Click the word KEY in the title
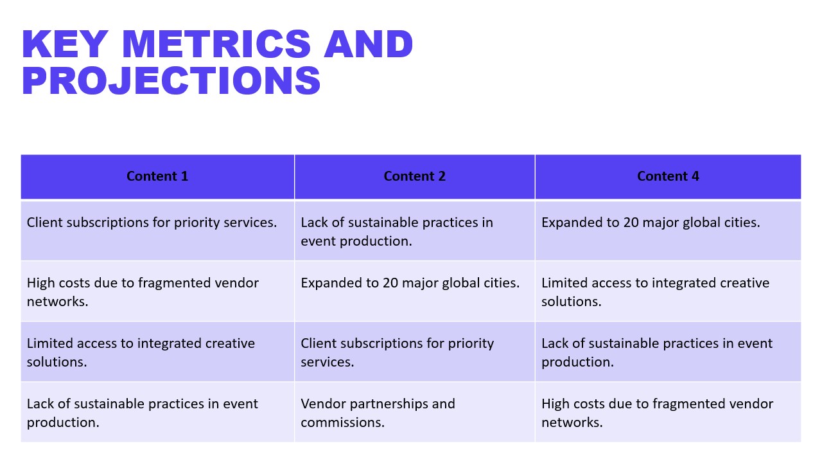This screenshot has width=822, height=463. pyautogui.click(x=66, y=44)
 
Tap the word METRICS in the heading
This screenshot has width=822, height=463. pyautogui.click(x=216, y=44)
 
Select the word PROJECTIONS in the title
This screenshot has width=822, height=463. pyautogui.click(x=171, y=80)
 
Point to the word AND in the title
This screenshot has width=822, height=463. pyautogui.click(x=369, y=44)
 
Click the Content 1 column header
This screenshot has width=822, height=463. pyautogui.click(x=157, y=176)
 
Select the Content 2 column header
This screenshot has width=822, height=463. pyautogui.click(x=415, y=176)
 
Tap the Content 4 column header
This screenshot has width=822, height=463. pyautogui.click(x=669, y=176)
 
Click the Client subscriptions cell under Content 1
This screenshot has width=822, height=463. pyautogui.click(x=157, y=231)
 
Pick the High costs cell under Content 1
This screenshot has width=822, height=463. pyautogui.click(x=157, y=291)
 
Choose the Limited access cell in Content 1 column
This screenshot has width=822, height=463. pyautogui.click(x=157, y=352)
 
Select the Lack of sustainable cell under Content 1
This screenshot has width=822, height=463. pyautogui.click(x=157, y=412)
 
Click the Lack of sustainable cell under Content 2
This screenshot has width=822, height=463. pyautogui.click(x=415, y=231)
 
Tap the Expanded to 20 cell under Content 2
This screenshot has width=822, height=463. pyautogui.click(x=415, y=291)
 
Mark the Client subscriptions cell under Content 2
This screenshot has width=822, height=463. pyautogui.click(x=415, y=352)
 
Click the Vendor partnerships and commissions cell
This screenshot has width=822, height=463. pyautogui.click(x=415, y=412)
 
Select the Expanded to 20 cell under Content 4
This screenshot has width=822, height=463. pyautogui.click(x=669, y=231)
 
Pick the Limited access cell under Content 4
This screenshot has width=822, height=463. pyautogui.click(x=669, y=291)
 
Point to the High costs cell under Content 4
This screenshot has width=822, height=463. pyautogui.click(x=669, y=412)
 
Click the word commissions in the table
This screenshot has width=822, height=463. pyautogui.click(x=342, y=422)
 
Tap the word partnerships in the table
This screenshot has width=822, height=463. pyautogui.click(x=389, y=404)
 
